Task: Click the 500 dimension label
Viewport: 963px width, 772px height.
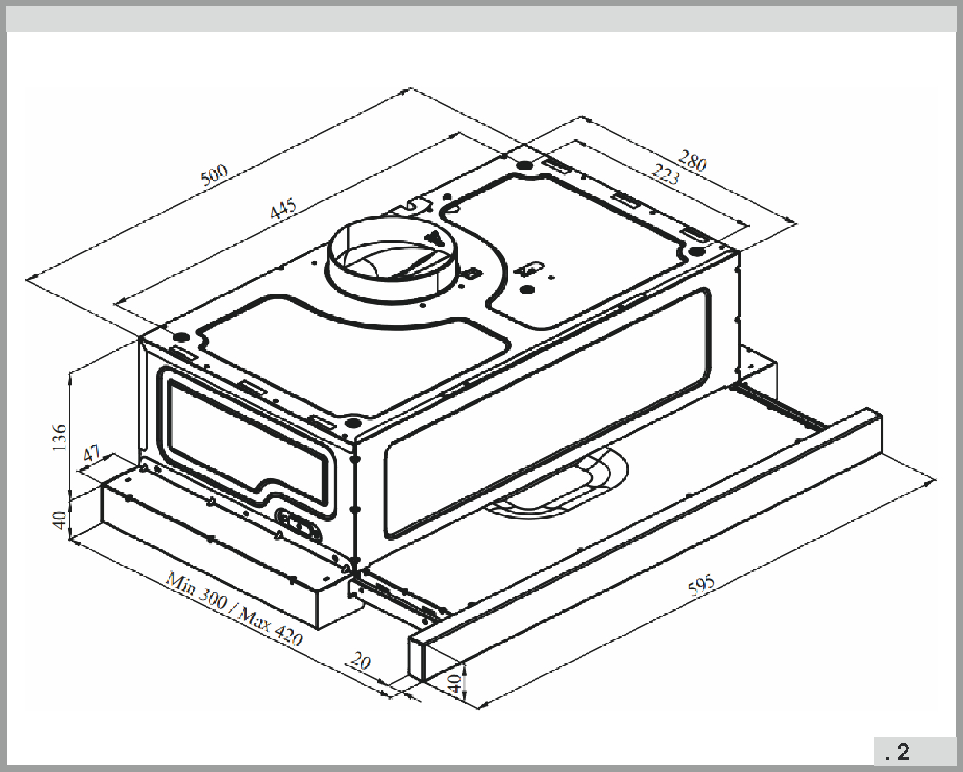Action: (x=215, y=174)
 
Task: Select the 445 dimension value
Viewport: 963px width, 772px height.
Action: (x=283, y=209)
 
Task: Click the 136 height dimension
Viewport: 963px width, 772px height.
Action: (x=59, y=438)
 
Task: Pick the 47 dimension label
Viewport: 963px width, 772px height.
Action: (x=92, y=453)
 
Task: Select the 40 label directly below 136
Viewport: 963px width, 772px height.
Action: (x=59, y=520)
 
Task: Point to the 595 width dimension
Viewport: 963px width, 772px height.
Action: (x=701, y=585)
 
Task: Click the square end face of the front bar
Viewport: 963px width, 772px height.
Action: (x=416, y=657)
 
